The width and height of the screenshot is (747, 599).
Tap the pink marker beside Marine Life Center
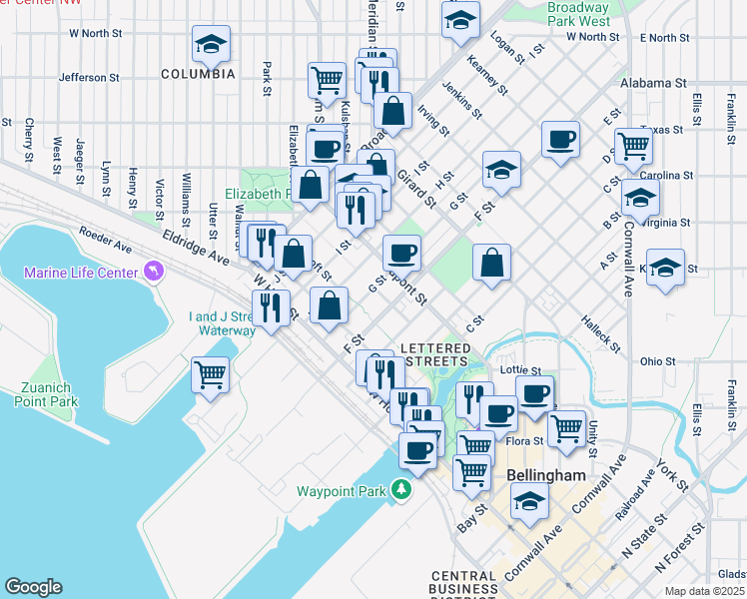coord(152,271)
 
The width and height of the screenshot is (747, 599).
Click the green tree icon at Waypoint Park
coord(400,489)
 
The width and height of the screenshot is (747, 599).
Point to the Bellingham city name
coord(545,475)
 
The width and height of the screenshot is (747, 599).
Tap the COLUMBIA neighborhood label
coord(198,74)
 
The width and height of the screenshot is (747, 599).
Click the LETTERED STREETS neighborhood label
coord(434,353)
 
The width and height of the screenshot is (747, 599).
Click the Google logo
coord(33,587)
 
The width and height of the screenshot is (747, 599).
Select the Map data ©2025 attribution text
coord(705,591)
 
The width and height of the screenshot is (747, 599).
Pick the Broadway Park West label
coord(578,14)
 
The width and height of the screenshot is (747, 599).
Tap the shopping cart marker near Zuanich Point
coord(211,375)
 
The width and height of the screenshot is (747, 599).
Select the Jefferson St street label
coord(89,76)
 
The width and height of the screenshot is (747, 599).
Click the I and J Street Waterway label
coord(223,323)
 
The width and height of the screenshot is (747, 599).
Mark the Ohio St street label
coord(658,360)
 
